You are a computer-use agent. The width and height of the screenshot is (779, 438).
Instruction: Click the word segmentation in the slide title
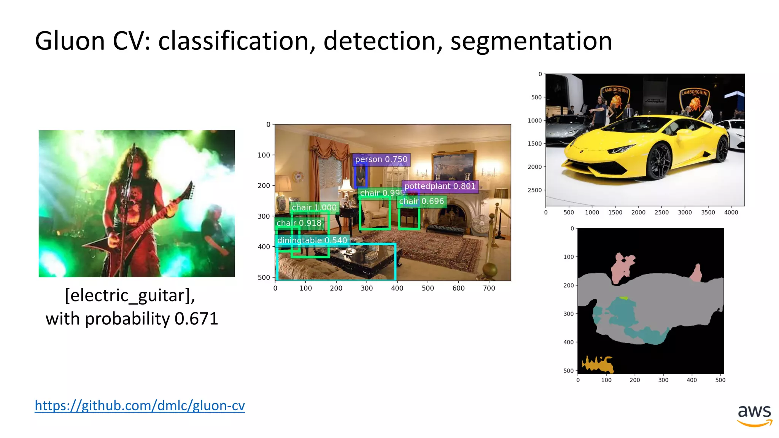pyautogui.click(x=531, y=41)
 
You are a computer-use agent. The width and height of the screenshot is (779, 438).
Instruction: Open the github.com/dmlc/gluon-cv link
pyautogui.click(x=140, y=406)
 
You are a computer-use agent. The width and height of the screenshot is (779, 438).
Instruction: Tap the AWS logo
pyautogui.click(x=754, y=415)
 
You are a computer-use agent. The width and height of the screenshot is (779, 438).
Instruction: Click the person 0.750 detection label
pyautogui.click(x=381, y=159)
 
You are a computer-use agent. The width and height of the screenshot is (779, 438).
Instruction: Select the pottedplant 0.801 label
pyautogui.click(x=440, y=186)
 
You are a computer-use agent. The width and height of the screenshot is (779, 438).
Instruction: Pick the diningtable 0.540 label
pyautogui.click(x=312, y=240)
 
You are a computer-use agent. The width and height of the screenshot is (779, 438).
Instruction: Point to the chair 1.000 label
pyautogui.click(x=314, y=208)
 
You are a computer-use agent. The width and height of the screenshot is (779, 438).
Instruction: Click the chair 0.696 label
pyautogui.click(x=421, y=201)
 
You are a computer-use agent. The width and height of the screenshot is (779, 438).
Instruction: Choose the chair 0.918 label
pyautogui.click(x=299, y=223)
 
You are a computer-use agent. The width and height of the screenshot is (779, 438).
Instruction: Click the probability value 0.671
pyautogui.click(x=196, y=319)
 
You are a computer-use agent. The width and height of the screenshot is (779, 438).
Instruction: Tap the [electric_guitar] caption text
pyautogui.click(x=130, y=295)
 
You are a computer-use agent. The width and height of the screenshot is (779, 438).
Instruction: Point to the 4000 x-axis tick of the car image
pyautogui.click(x=731, y=213)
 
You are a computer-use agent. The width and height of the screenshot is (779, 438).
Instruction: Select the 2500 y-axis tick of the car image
pyautogui.click(x=534, y=190)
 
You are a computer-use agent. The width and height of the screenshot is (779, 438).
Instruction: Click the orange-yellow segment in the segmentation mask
pyautogui.click(x=598, y=365)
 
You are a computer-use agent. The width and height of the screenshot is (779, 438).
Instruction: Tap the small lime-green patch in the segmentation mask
pyautogui.click(x=623, y=298)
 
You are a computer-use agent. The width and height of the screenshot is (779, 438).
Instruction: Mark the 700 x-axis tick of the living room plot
pyautogui.click(x=489, y=288)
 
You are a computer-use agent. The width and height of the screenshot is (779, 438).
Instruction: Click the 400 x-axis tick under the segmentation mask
pyautogui.click(x=692, y=380)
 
